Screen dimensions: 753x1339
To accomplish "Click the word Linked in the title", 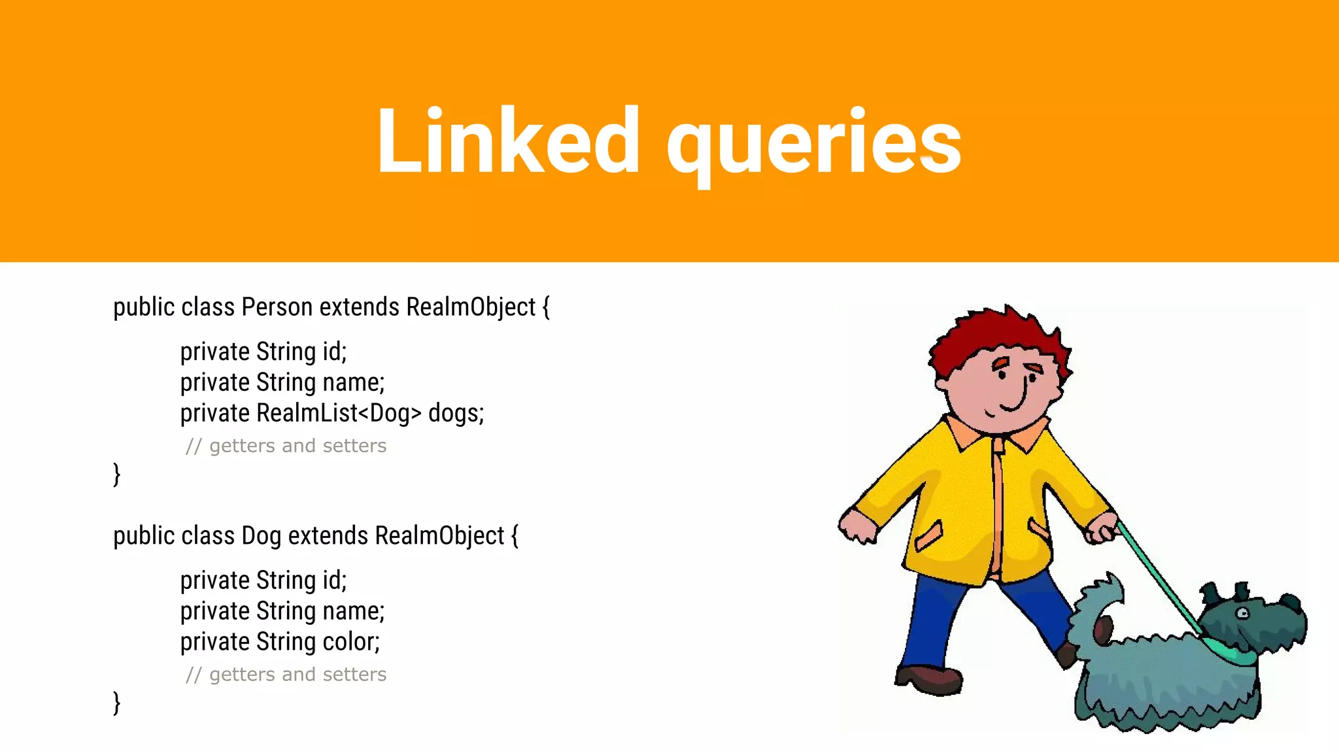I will pyautogui.click(x=507, y=142).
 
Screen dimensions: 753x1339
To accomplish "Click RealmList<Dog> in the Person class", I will pyautogui.click(x=339, y=413).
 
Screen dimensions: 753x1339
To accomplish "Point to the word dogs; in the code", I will pyautogui.click(x=456, y=413).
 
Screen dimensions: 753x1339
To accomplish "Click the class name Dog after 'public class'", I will pyautogui.click(x=261, y=536).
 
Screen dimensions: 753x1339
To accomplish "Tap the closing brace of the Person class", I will pyautogui.click(x=117, y=474).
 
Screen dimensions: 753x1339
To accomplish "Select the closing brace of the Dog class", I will pyautogui.click(x=117, y=703).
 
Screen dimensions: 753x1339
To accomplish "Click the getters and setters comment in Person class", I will pyautogui.click(x=286, y=446).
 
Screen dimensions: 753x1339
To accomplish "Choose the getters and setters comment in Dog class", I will pyautogui.click(x=286, y=675).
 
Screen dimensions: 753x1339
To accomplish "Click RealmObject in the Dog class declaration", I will pyautogui.click(x=439, y=536).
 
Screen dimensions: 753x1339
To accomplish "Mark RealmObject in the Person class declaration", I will pyautogui.click(x=471, y=307).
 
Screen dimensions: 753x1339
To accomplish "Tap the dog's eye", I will pyautogui.click(x=1242, y=613).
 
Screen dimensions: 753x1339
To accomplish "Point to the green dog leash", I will pyautogui.click(x=1157, y=575).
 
